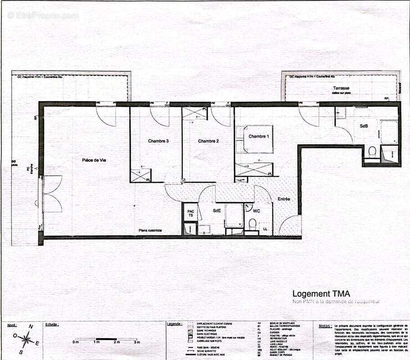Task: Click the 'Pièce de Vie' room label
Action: point(94,160)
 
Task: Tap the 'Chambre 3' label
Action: point(158,141)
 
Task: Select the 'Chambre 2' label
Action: point(208,141)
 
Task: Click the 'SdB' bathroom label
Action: point(364,126)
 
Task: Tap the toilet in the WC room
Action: point(253,223)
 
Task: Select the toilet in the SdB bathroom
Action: point(372,151)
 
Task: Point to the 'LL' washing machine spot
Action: point(265,229)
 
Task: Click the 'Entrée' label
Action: point(284,199)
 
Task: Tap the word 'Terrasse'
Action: point(341,88)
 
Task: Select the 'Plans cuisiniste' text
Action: point(150,230)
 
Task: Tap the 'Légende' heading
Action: point(174,324)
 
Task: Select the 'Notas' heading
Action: point(325,325)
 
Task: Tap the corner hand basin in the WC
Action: point(248,207)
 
